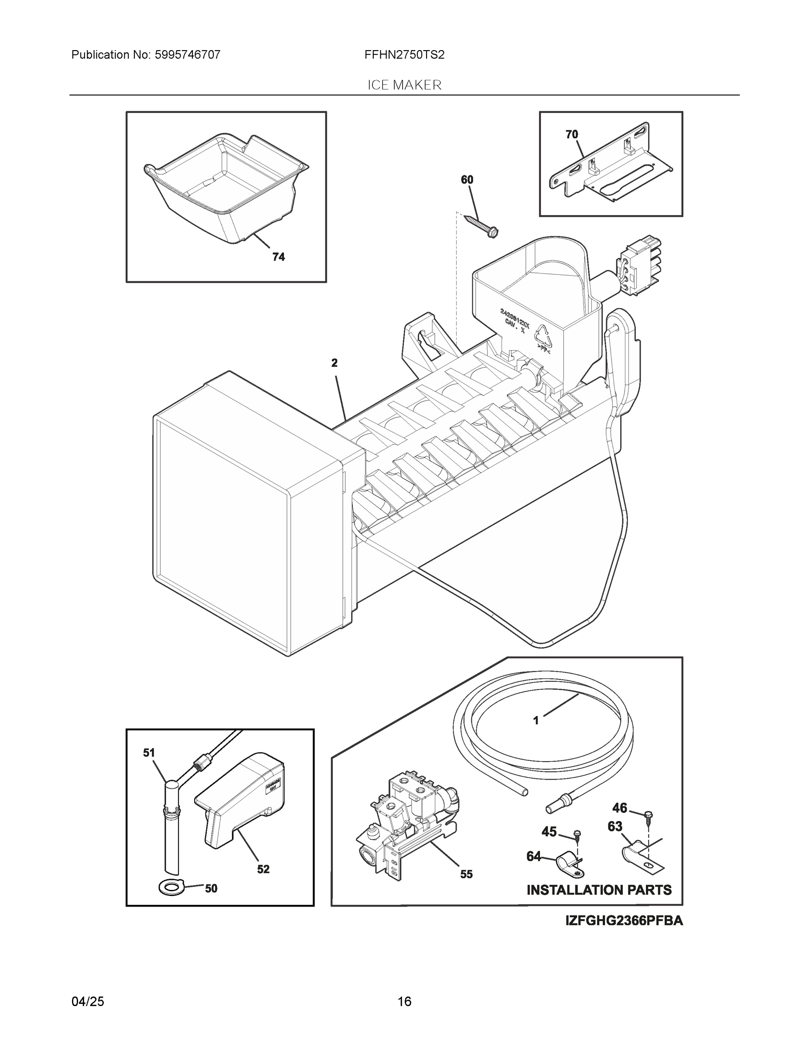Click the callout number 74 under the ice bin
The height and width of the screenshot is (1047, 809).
[x=278, y=257]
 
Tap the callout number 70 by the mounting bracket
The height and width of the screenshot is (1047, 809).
[x=571, y=135]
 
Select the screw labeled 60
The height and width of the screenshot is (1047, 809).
[x=481, y=224]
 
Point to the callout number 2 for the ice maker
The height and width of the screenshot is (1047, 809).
[x=334, y=363]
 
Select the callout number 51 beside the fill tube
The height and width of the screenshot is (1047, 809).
[x=149, y=753]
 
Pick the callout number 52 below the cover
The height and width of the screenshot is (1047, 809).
[x=263, y=869]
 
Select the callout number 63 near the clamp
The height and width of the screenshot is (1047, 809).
[x=615, y=827]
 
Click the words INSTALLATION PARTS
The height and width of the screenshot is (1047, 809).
[x=599, y=890]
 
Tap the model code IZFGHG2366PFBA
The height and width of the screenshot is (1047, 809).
[x=624, y=920]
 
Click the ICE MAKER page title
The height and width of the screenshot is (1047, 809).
[x=404, y=85]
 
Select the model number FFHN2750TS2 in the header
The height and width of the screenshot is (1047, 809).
[x=404, y=55]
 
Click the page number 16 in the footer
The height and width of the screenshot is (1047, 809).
[x=404, y=1002]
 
